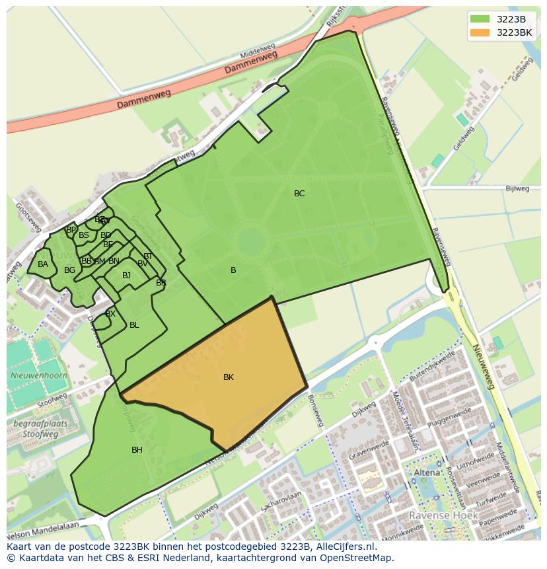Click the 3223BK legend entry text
(x=514, y=32)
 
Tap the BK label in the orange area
(x=229, y=377)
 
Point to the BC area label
(x=299, y=194)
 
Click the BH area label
(x=137, y=450)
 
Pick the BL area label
(x=134, y=325)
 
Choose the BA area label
(x=43, y=264)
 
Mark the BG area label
(x=69, y=270)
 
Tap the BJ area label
(x=126, y=276)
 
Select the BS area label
(x=84, y=235)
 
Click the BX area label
(x=110, y=314)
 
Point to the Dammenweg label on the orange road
(x=144, y=100)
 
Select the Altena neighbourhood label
(x=426, y=473)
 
